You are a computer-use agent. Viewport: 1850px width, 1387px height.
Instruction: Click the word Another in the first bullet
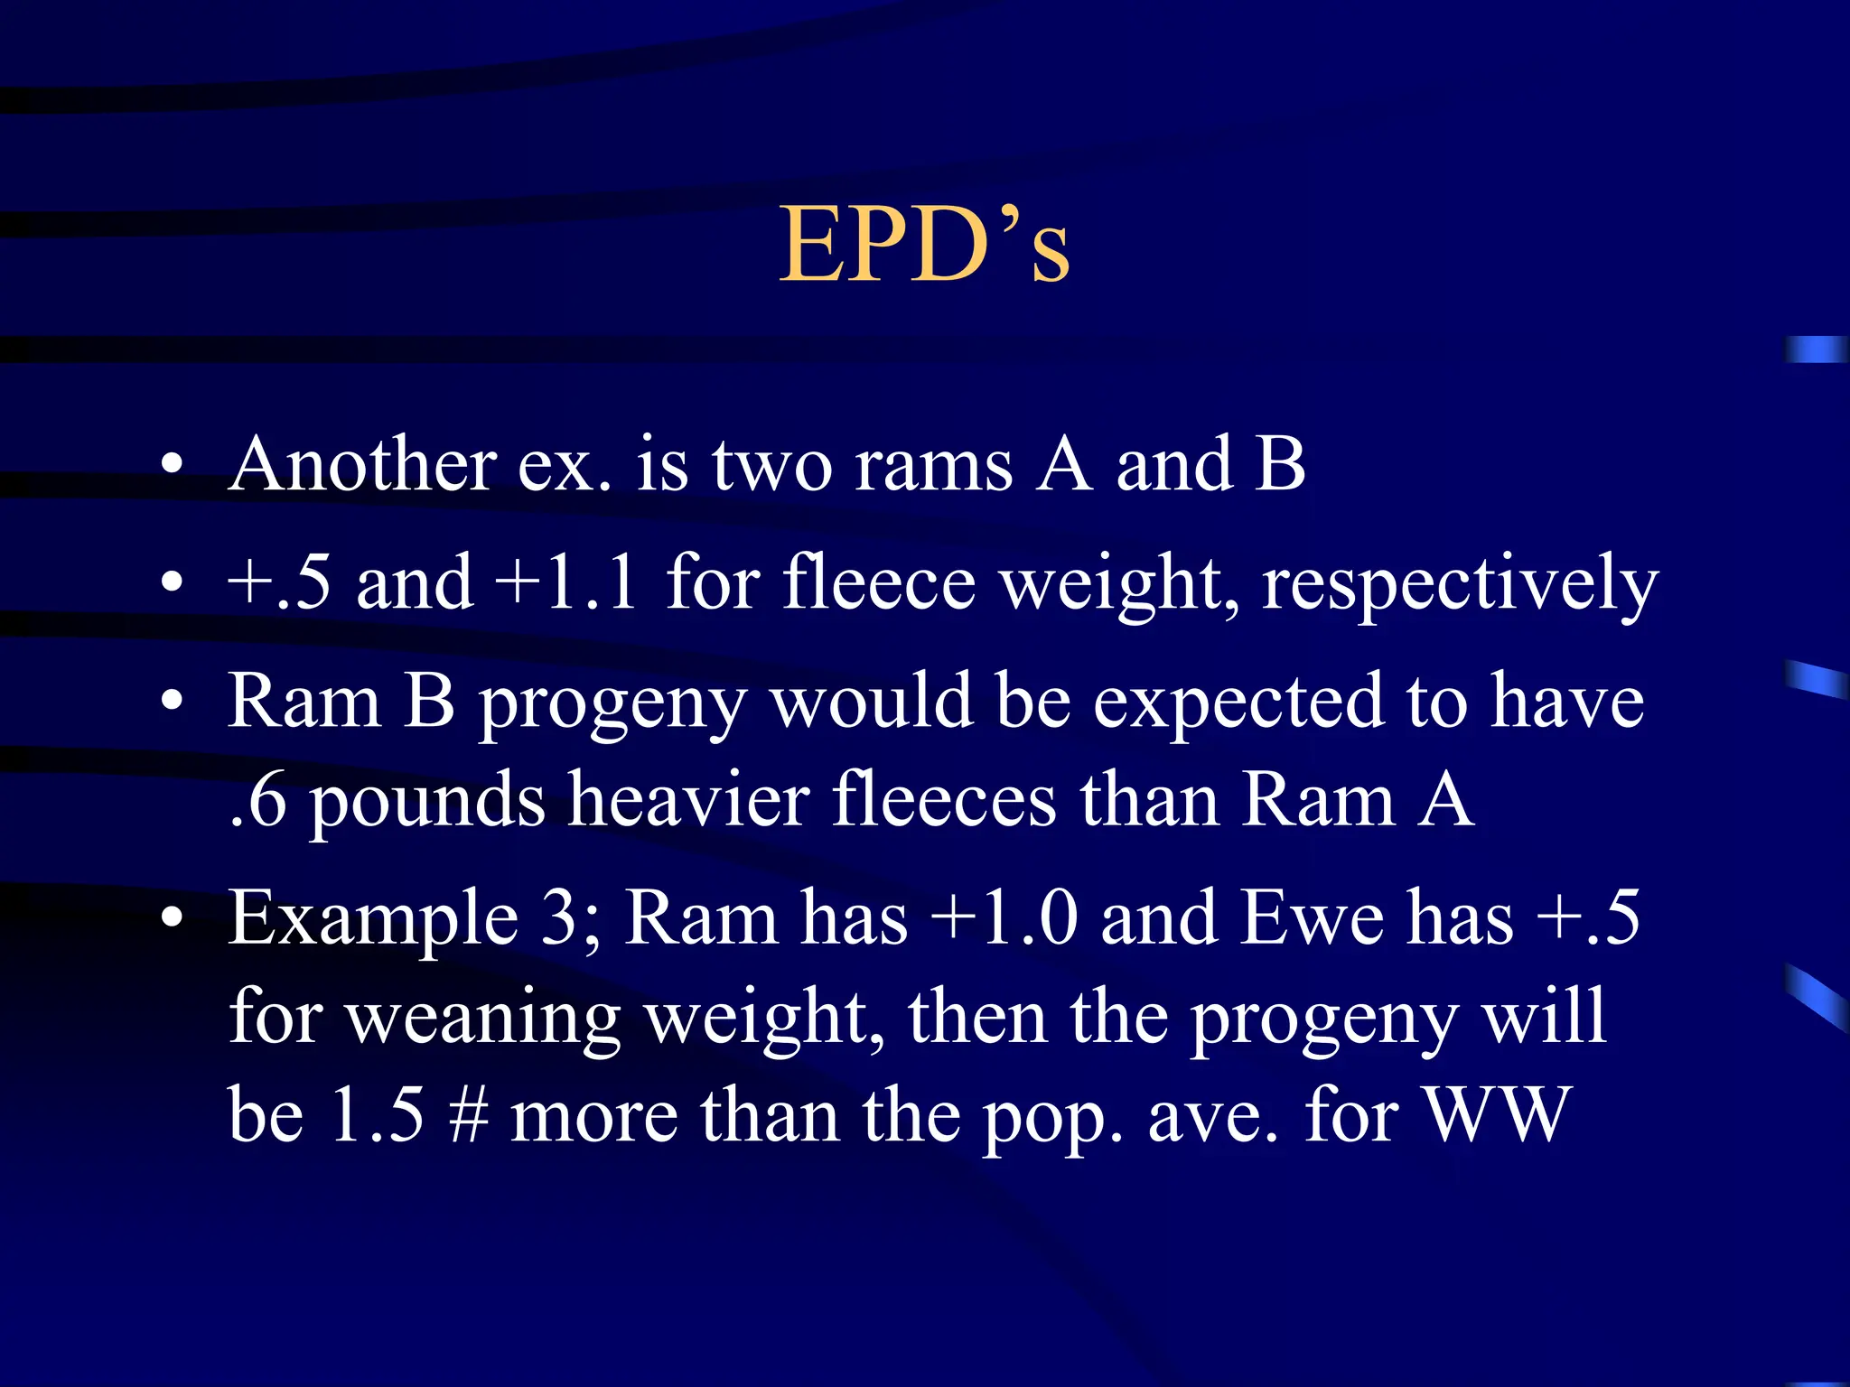click(361, 464)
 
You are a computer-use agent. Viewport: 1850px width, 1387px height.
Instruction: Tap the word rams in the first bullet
click(933, 466)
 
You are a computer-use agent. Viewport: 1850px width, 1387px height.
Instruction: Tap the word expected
click(1238, 703)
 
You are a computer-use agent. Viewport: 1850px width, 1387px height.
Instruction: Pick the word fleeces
click(943, 799)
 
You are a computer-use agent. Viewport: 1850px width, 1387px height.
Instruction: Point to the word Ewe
click(1313, 919)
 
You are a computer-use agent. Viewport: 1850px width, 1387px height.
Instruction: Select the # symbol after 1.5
click(468, 1116)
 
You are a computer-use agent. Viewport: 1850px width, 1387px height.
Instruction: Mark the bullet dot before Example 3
click(172, 917)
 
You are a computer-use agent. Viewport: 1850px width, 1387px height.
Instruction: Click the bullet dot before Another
click(172, 465)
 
